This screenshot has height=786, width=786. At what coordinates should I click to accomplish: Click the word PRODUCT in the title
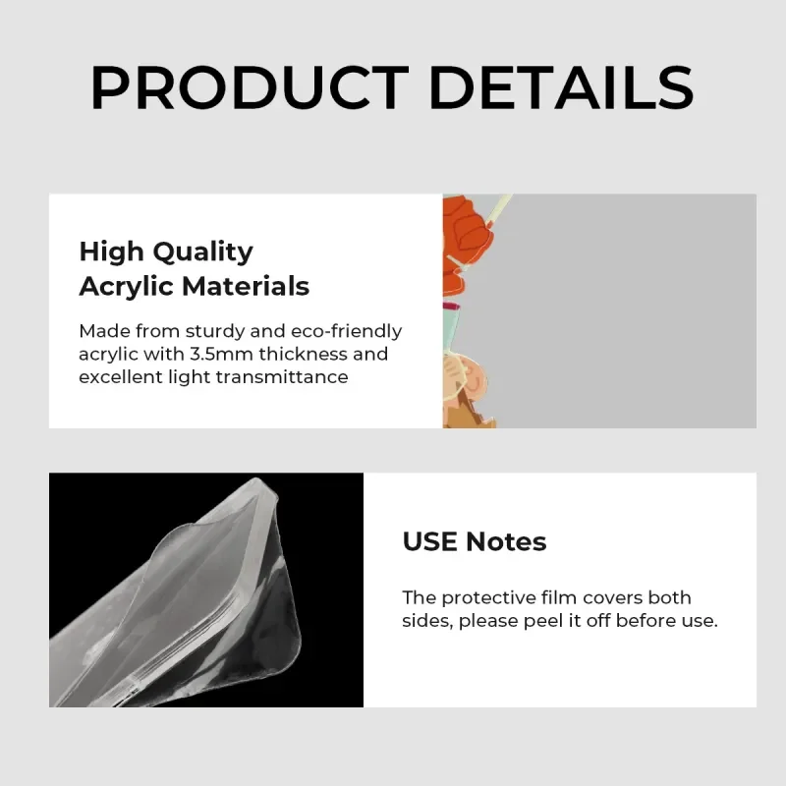[250, 87]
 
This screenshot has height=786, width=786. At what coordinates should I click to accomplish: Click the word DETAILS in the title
[561, 87]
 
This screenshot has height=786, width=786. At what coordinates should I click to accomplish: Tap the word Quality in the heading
[202, 253]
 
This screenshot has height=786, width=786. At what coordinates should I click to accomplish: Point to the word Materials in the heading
[246, 286]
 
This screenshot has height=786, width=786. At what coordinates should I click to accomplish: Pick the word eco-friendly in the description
[347, 331]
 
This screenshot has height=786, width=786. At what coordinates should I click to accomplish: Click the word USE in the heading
[429, 542]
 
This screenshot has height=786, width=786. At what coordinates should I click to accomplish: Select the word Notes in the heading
[506, 542]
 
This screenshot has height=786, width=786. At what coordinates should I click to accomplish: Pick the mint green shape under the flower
[451, 331]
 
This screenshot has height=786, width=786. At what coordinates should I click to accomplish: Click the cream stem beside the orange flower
[495, 210]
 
